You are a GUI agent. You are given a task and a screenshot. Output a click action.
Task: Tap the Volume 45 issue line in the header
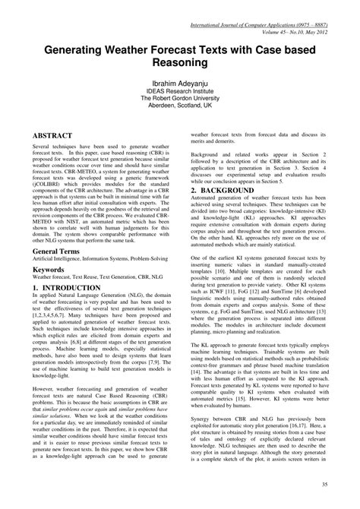tap(295, 13)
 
